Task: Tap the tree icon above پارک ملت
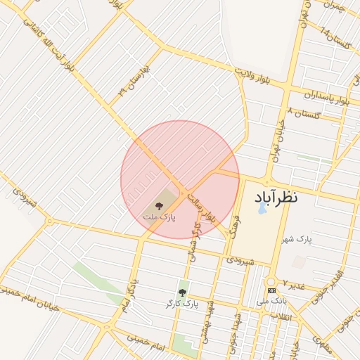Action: click(160, 205)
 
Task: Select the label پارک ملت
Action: click(160, 218)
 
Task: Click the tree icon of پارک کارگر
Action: click(182, 292)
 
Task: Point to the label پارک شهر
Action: click(297, 240)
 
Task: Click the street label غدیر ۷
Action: click(294, 283)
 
